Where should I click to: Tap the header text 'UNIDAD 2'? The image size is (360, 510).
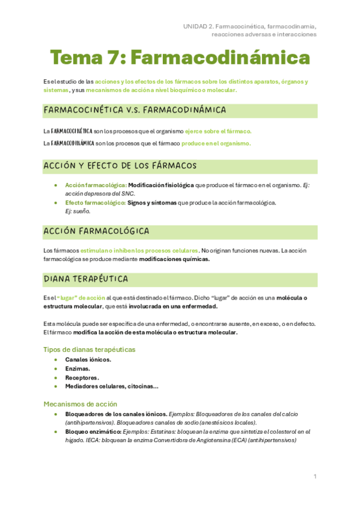coord(198,26)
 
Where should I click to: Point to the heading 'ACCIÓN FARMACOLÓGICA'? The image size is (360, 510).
coord(97,231)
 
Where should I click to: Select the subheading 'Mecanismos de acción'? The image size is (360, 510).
coord(81,404)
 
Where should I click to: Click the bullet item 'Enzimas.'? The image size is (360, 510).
coord(78,369)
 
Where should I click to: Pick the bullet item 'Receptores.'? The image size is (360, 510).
coord(82,378)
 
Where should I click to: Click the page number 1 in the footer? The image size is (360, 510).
coord(315,476)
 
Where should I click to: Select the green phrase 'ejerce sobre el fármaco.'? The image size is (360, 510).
coord(218,131)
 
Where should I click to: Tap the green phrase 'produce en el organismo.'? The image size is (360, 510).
coord(216,143)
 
